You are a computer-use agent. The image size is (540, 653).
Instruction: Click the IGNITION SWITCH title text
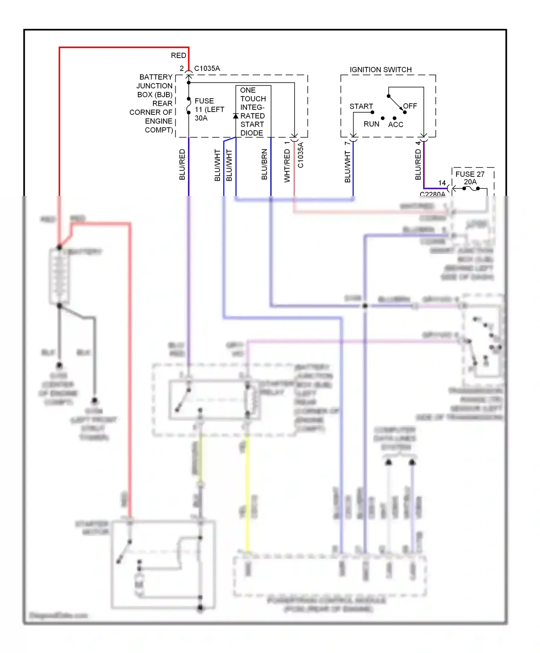pyautogui.click(x=381, y=69)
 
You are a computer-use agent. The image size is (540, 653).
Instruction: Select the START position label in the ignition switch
pyautogui.click(x=361, y=106)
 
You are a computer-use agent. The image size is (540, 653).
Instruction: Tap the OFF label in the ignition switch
pyautogui.click(x=410, y=106)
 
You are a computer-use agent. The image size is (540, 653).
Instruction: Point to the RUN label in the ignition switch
pyautogui.click(x=371, y=124)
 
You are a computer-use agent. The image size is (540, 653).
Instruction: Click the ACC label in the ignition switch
pyautogui.click(x=396, y=124)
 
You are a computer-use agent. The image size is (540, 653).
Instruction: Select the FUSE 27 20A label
pyautogui.click(x=470, y=178)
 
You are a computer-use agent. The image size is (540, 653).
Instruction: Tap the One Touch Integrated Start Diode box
pyautogui.click(x=253, y=111)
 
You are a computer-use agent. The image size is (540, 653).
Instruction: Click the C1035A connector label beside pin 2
pyautogui.click(x=207, y=68)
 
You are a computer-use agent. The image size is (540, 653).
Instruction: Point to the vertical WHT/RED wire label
pyautogui.click(x=287, y=166)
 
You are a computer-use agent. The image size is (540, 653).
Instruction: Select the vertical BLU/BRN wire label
pyautogui.click(x=264, y=164)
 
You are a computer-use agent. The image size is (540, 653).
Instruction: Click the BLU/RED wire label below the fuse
pyautogui.click(x=182, y=165)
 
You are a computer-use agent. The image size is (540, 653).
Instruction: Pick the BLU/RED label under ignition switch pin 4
pyautogui.click(x=418, y=165)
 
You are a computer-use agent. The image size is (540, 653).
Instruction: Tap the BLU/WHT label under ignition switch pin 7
pyautogui.click(x=347, y=166)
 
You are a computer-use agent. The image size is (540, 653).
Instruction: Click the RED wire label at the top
pyautogui.click(x=179, y=55)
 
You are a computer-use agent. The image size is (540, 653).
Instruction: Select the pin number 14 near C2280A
pyautogui.click(x=442, y=183)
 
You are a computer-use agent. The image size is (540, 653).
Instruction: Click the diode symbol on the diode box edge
pyautogui.click(x=236, y=116)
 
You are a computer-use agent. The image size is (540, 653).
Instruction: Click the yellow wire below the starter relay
pyautogui.click(x=247, y=497)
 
